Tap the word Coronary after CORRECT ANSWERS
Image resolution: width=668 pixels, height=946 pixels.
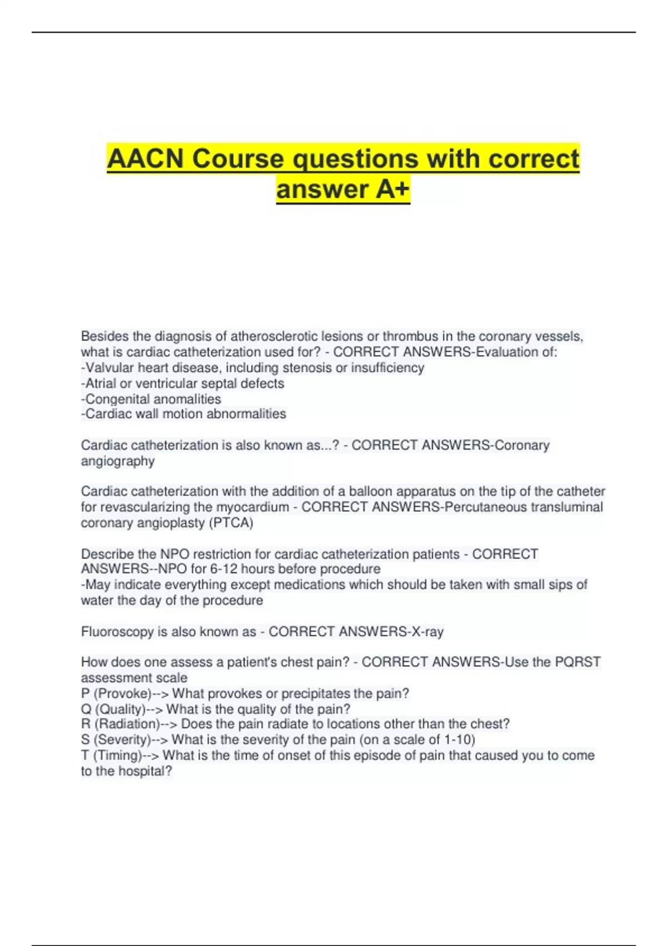click(522, 445)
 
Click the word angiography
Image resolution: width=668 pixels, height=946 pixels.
click(117, 461)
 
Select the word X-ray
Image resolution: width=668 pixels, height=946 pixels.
click(426, 632)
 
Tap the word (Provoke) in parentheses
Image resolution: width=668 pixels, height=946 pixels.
click(122, 693)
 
